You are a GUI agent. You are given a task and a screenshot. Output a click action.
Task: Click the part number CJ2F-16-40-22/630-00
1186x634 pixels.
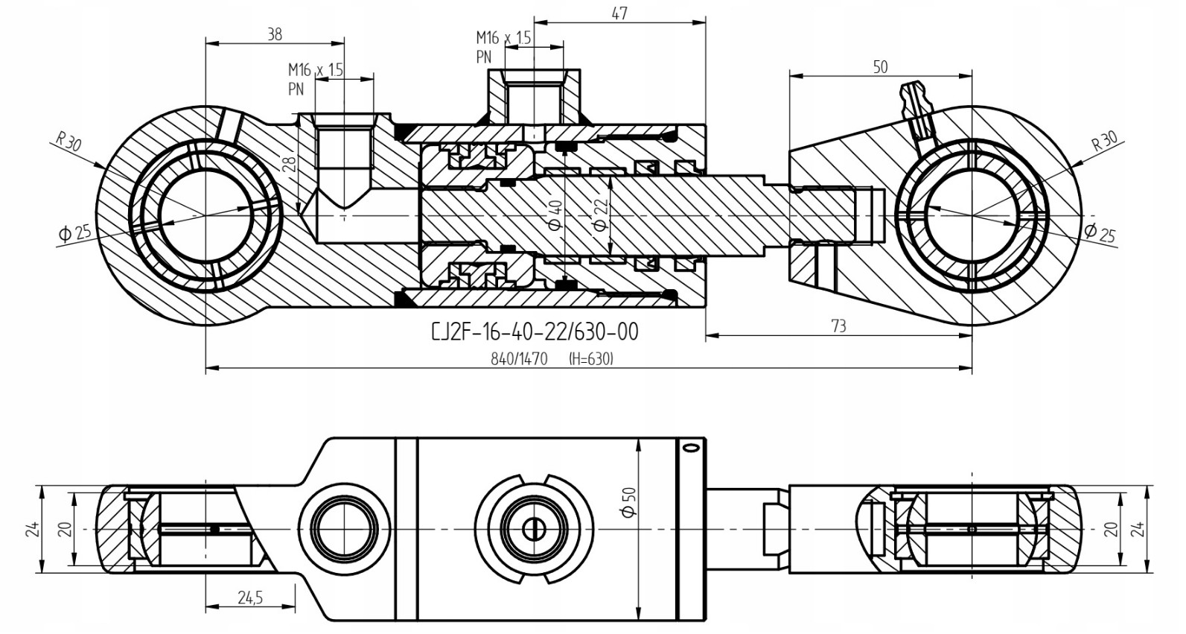tap(535, 332)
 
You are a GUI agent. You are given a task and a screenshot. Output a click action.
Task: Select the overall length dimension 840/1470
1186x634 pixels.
tap(519, 359)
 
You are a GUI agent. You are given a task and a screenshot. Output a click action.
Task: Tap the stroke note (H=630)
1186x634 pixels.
tap(590, 359)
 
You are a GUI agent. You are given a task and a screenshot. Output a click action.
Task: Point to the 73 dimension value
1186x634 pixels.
tap(838, 326)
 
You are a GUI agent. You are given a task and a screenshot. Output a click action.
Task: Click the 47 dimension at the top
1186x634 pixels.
tap(619, 13)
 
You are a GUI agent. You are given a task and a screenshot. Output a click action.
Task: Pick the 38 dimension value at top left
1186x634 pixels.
tap(274, 34)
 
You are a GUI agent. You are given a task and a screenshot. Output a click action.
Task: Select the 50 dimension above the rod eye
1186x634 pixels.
tap(880, 67)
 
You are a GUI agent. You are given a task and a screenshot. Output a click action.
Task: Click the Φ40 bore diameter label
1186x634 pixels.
tap(555, 215)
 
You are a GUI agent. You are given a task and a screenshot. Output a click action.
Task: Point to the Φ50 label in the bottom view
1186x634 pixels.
tap(629, 501)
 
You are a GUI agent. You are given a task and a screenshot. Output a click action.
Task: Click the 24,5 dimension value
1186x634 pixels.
tap(250, 597)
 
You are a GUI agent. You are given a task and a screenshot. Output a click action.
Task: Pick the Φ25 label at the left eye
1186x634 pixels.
tap(74, 233)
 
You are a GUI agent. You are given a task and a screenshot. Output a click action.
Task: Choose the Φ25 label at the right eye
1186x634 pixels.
tap(1100, 232)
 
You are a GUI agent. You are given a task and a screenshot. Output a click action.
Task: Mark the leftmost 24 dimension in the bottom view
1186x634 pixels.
tap(32, 529)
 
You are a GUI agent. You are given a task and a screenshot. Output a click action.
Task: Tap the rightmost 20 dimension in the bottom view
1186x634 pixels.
tap(1111, 529)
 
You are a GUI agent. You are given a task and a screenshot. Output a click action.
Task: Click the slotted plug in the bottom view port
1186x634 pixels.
tap(534, 529)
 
